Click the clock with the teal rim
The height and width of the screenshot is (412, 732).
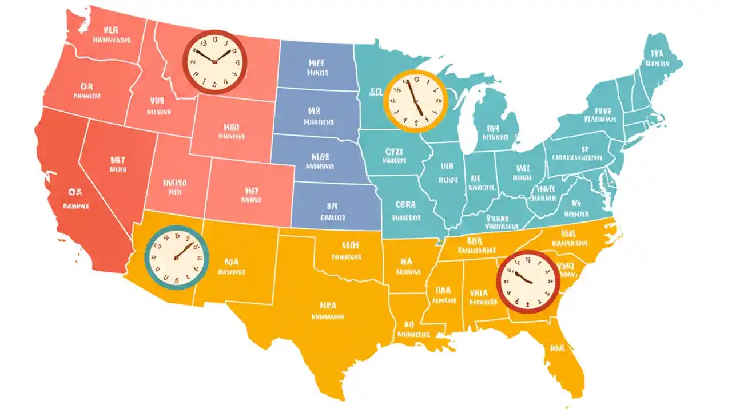tap(176, 257)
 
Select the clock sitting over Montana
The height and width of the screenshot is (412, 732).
tap(214, 62)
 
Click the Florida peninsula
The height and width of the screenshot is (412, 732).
tap(558, 349)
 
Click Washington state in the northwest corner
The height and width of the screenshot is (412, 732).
tap(106, 34)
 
